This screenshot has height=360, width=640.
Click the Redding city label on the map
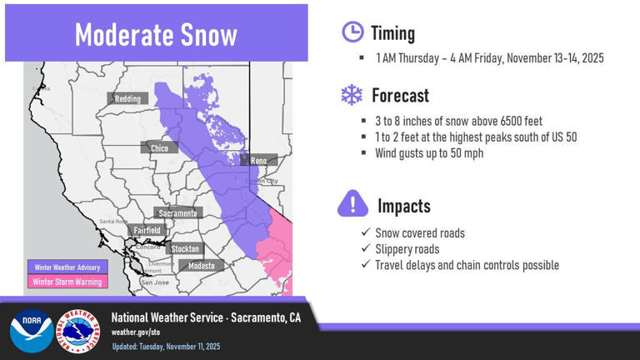point(127,98)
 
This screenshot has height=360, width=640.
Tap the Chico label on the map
point(159,148)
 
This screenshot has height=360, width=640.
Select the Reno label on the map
point(258,160)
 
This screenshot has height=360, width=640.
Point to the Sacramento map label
point(177,213)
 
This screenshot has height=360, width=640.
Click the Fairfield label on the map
point(147,230)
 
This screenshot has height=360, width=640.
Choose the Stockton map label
point(184,248)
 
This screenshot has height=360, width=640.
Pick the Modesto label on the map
point(201,266)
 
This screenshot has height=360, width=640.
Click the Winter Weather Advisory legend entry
point(67,267)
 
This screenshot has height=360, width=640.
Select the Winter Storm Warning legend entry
point(67,282)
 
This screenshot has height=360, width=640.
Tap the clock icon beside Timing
point(352,32)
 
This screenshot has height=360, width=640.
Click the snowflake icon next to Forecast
point(352,95)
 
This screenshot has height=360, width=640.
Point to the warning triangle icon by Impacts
point(352,203)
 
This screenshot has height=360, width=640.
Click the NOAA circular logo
point(31,330)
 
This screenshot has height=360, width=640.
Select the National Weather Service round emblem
point(79,330)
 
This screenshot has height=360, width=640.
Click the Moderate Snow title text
point(156,34)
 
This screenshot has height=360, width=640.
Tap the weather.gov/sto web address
point(136,332)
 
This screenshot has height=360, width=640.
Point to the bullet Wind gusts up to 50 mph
point(429,152)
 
